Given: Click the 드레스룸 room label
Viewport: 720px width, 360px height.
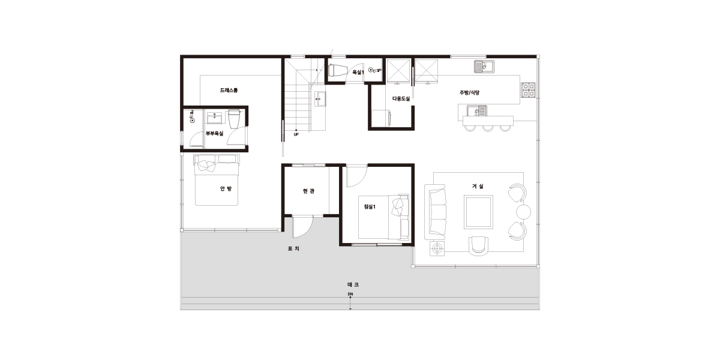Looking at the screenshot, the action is click(x=229, y=91).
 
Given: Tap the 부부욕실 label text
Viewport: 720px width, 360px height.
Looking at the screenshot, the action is click(x=214, y=133).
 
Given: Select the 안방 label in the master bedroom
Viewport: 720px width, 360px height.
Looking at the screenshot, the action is click(x=226, y=188).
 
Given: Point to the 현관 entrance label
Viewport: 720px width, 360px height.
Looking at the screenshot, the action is click(x=308, y=191).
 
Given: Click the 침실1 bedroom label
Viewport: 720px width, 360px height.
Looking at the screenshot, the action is click(x=370, y=206).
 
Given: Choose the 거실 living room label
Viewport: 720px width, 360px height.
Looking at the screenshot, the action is click(x=478, y=186).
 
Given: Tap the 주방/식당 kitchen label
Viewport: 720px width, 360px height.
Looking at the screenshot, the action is click(x=469, y=92).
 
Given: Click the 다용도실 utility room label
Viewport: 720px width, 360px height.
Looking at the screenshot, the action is click(x=401, y=98).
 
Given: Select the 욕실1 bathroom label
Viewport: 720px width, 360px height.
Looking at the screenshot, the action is click(x=358, y=73).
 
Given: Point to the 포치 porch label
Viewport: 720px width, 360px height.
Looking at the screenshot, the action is click(x=293, y=248).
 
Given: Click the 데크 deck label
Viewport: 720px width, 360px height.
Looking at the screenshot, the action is click(x=353, y=284).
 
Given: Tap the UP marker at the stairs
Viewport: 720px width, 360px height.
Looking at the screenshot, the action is click(x=296, y=134).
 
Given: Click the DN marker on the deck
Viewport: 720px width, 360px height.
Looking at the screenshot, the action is click(x=350, y=294).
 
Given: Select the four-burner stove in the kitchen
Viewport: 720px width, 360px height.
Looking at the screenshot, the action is click(x=528, y=90).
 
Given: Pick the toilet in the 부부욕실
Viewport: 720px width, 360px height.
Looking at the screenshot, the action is click(x=235, y=119).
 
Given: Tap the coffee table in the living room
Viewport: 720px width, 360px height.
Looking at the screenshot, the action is click(x=478, y=212).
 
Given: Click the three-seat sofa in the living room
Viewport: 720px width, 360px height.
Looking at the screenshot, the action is click(x=435, y=212).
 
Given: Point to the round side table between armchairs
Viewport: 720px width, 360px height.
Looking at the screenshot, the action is click(x=524, y=212).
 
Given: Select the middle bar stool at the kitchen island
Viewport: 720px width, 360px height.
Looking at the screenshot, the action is click(x=488, y=128).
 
